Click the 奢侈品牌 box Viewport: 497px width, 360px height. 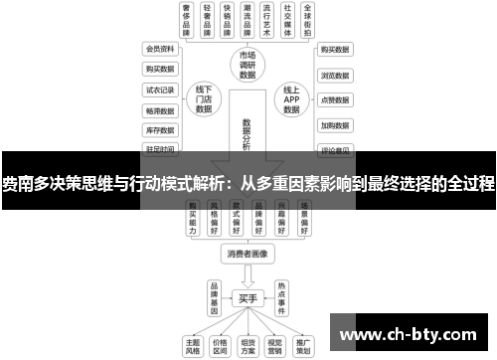coord(186,21)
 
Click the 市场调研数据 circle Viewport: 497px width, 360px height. coord(248,65)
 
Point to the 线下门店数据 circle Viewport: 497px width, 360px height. coord(206,98)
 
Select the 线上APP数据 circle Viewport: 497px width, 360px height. coord(291,98)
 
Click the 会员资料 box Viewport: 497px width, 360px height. coord(159,48)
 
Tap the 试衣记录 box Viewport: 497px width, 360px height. coord(159,89)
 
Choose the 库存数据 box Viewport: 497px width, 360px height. coord(159,129)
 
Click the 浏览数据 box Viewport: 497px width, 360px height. coord(335,75)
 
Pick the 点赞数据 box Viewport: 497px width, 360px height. coord(335,100)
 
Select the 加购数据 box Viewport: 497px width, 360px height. coord(335,126)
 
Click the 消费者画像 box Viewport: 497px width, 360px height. coord(248,255)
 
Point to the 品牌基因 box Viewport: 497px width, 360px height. coord(213,296)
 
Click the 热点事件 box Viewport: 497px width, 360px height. coord(282,296)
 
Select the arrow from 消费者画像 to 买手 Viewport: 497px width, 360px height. coord(248,275)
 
